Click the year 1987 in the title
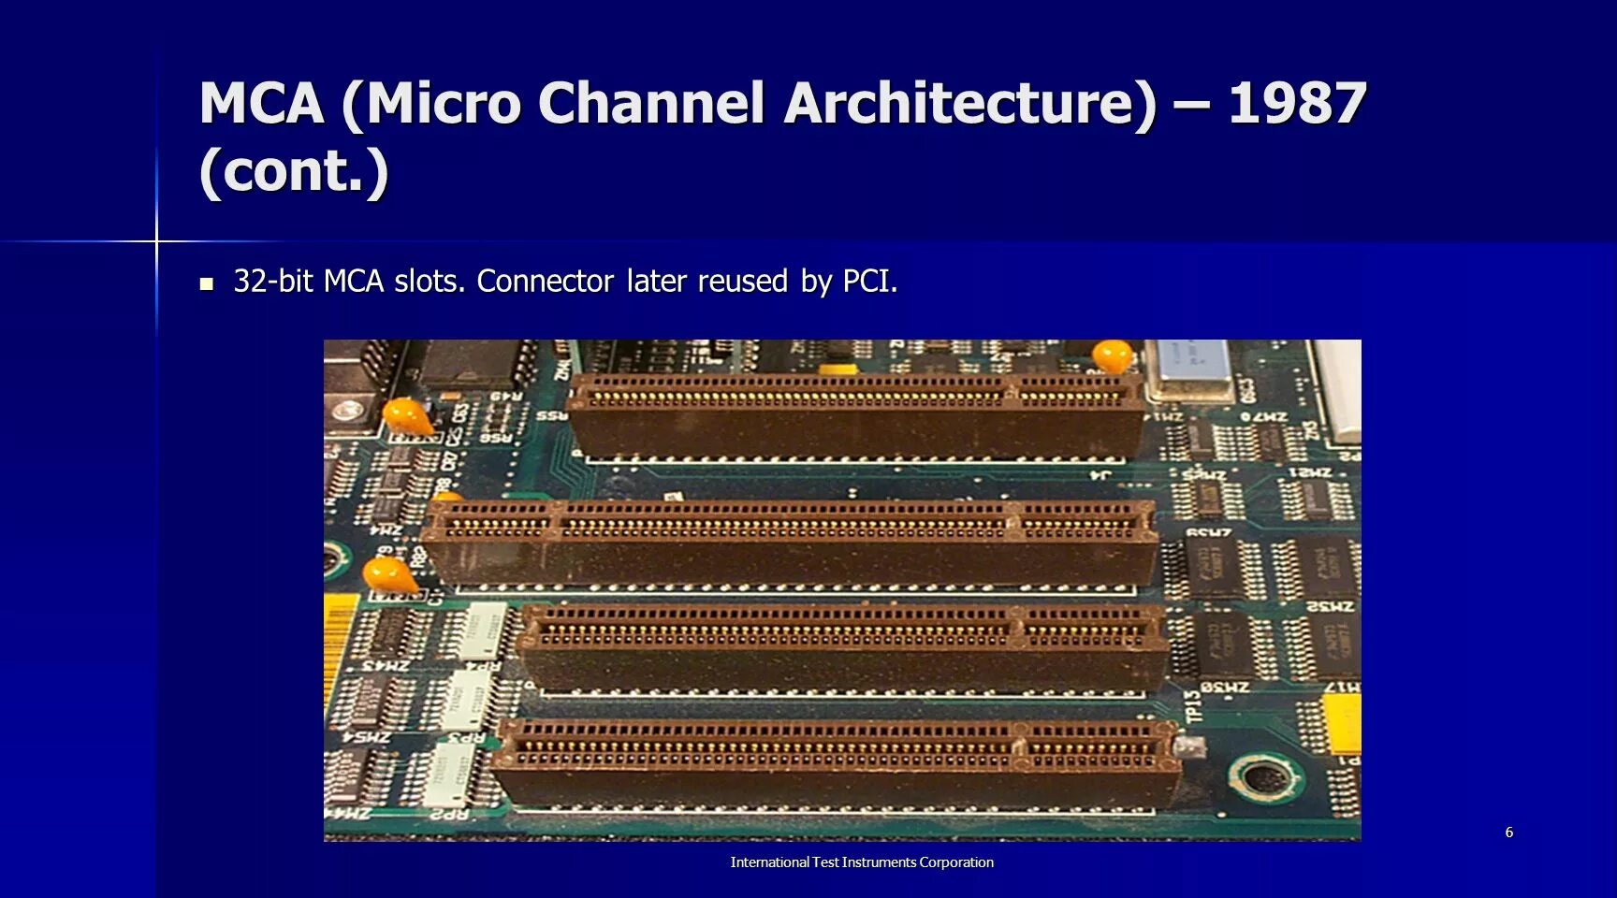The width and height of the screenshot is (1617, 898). [1297, 103]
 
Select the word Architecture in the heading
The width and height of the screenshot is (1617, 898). [969, 103]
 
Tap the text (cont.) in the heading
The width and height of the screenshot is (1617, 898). [293, 170]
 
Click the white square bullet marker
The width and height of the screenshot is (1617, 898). [207, 283]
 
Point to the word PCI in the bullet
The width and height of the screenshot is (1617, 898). [869, 281]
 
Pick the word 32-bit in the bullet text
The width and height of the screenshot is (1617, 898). [272, 281]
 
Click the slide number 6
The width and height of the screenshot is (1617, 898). [1508, 832]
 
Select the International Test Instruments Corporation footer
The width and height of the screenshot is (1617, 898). [862, 862]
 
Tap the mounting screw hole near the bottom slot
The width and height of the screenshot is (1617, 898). [1265, 777]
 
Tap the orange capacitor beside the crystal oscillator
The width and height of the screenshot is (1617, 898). [1113, 355]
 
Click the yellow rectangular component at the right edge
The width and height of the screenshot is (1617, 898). [1344, 724]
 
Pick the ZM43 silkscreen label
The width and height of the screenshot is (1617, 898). [385, 665]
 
